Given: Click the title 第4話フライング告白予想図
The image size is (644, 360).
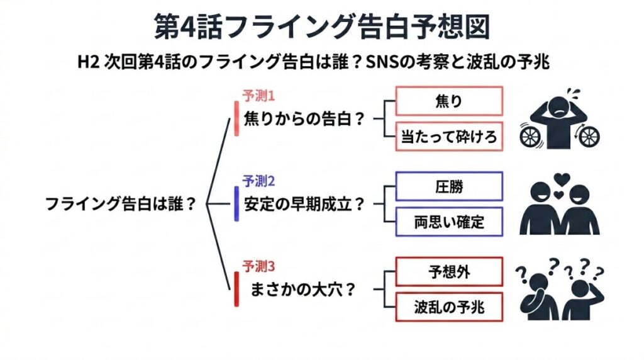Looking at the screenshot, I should click(321, 26).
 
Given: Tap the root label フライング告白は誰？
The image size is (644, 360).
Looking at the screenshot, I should click(119, 205).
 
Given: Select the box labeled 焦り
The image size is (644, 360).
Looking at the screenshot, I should click(448, 101).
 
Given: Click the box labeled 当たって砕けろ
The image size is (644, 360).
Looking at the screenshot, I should click(448, 137).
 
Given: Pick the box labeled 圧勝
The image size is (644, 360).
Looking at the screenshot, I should click(448, 186).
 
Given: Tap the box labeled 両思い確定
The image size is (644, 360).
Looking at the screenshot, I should click(448, 222).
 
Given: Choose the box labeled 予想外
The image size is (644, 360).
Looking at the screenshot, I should click(448, 272).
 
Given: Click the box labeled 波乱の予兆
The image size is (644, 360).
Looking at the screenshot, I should click(448, 308).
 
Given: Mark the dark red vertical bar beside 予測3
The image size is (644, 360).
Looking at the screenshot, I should click(236, 288).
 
